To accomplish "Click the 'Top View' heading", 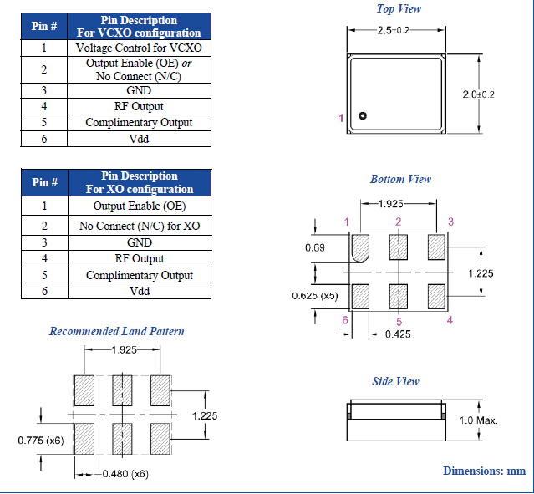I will point(399,9).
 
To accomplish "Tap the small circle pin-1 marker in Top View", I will point(363,116).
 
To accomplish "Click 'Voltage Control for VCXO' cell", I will point(139,48).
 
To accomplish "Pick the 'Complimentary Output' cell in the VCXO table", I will point(139,123).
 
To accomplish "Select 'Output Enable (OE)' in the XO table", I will point(140,206).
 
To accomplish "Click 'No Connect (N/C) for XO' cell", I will point(140,226).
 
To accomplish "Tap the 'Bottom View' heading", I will point(400,179).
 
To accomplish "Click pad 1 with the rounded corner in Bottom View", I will point(361,247).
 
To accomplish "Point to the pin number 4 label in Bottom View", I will point(450,320).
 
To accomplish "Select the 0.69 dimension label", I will point(314,248).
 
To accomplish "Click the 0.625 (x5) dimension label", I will point(315,296).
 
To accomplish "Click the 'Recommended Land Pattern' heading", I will point(117,331).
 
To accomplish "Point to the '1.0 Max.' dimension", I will point(479,420).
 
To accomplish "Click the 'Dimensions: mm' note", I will point(484,471).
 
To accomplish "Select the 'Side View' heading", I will point(395,382).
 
